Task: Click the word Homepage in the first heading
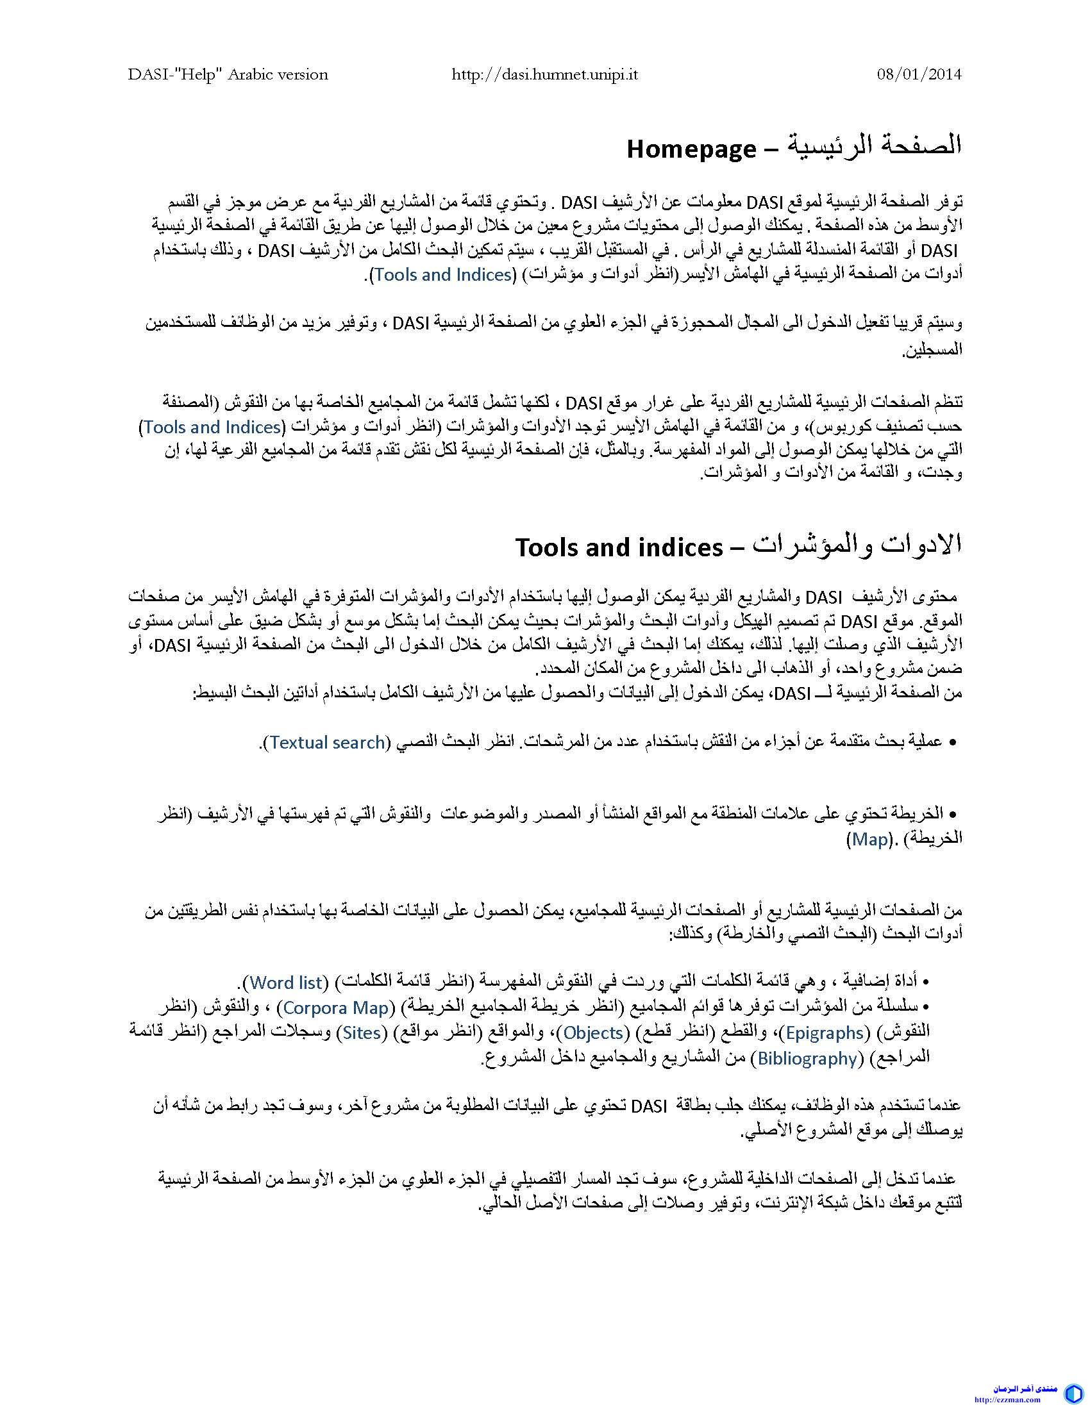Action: click(691, 149)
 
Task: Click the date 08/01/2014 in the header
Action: click(919, 74)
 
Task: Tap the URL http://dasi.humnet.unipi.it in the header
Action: click(544, 74)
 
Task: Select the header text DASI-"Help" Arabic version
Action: click(228, 74)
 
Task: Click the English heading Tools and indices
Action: click(619, 547)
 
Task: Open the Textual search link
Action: click(328, 742)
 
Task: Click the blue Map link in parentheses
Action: click(871, 840)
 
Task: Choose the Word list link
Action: click(286, 982)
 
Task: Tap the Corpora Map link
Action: click(336, 1007)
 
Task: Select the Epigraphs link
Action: click(825, 1033)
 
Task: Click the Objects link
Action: click(593, 1033)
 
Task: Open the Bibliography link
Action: click(807, 1058)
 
